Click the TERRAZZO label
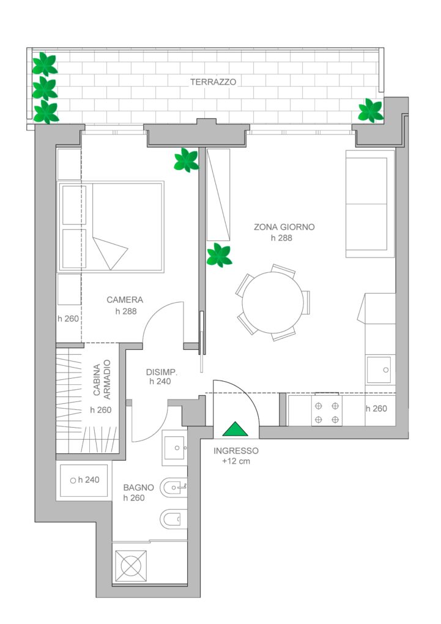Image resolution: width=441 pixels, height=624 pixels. (x=213, y=82)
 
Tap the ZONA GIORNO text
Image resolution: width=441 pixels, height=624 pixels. (x=284, y=227)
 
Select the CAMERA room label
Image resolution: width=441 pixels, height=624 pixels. (x=125, y=300)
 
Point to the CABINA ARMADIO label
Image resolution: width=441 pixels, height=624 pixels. (x=102, y=380)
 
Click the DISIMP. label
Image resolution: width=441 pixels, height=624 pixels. (x=161, y=373)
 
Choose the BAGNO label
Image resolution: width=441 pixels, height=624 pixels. (x=138, y=488)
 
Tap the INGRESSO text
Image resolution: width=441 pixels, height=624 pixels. (x=236, y=451)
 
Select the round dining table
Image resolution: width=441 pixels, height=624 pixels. (x=273, y=302)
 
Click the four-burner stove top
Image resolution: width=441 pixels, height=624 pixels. (x=327, y=410)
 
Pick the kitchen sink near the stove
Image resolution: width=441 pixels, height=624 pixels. (x=379, y=370)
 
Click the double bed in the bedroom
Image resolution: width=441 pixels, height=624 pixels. (x=111, y=227)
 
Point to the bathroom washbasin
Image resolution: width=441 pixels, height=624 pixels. (x=174, y=448)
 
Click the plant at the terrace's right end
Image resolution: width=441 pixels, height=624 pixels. (x=371, y=110)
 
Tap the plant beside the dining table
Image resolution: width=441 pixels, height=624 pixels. (x=219, y=255)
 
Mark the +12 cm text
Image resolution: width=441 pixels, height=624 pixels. (x=236, y=462)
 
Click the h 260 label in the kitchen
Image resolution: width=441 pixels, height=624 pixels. (x=376, y=408)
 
